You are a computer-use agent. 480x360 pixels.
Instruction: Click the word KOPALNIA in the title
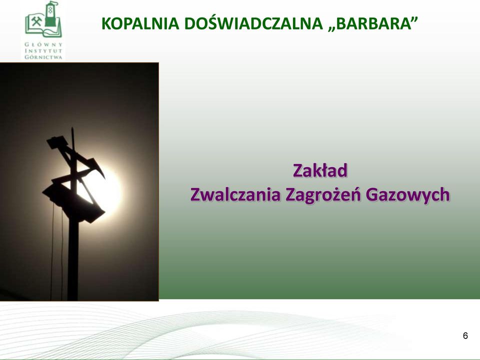pyautogui.click(x=140, y=23)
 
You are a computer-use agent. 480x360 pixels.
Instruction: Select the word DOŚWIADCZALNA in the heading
pyautogui.click(x=254, y=23)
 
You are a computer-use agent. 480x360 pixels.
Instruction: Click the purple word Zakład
pyautogui.click(x=320, y=170)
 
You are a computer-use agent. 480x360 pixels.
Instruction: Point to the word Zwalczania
pyautogui.click(x=235, y=194)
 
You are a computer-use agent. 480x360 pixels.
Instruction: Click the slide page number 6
pyautogui.click(x=465, y=336)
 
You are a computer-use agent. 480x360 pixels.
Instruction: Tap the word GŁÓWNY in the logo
pyautogui.click(x=43, y=44)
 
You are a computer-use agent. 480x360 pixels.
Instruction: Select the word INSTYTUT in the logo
pyautogui.click(x=43, y=51)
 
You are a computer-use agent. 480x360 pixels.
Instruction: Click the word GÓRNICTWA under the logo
pyautogui.click(x=43, y=57)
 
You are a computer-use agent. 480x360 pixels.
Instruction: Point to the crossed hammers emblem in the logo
pyautogui.click(x=36, y=21)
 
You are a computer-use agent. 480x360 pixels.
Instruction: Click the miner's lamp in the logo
pyautogui.click(x=51, y=14)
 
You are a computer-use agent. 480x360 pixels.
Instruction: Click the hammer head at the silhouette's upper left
pyautogui.click(x=56, y=142)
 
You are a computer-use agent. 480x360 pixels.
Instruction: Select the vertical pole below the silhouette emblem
pyautogui.click(x=73, y=260)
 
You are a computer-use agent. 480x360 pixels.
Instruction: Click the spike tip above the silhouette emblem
pyautogui.click(x=72, y=128)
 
